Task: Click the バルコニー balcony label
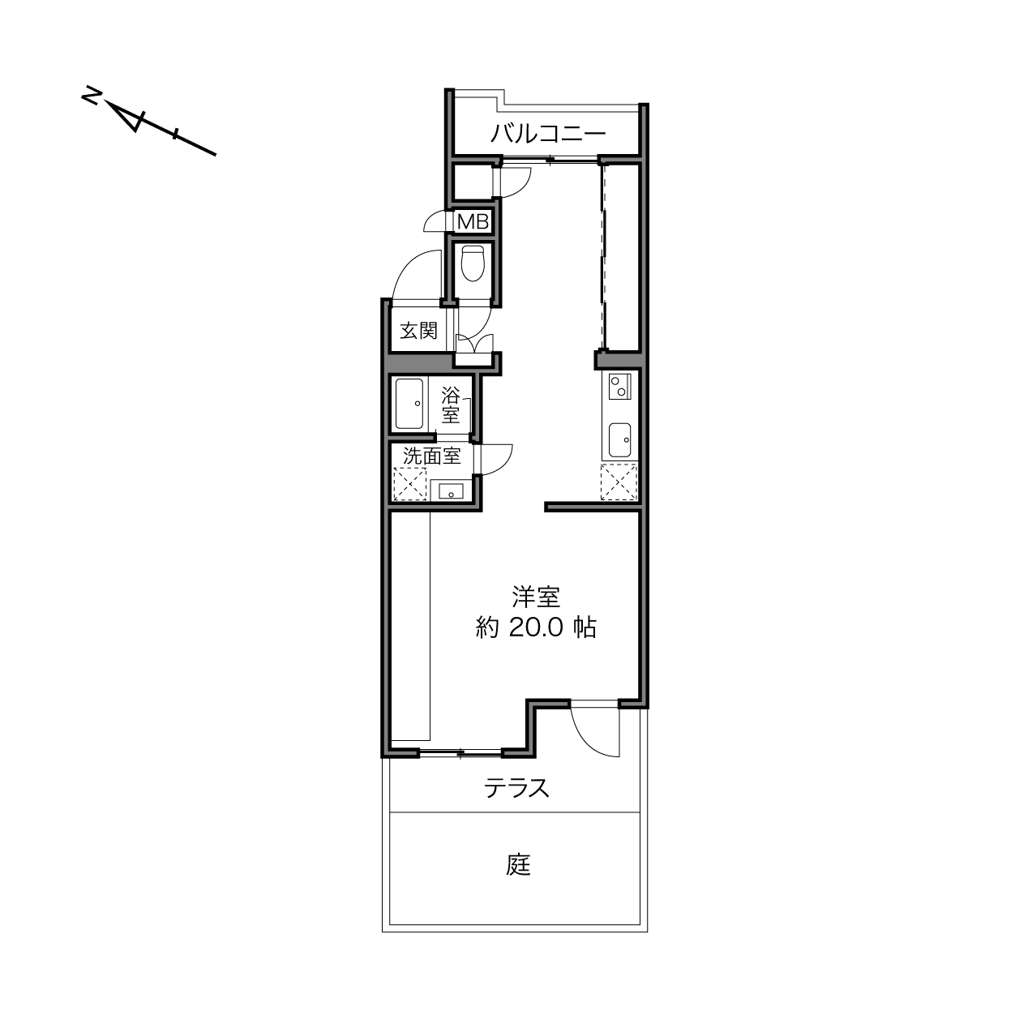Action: point(548,135)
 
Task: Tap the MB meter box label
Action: point(473,222)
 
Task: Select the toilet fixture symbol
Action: point(472,263)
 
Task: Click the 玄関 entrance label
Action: point(419,331)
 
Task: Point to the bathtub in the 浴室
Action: point(409,404)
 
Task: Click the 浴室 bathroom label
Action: point(451,405)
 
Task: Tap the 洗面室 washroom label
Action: point(432,456)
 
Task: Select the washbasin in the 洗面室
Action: point(448,491)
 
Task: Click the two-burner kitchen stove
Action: point(620,387)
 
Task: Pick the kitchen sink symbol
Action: point(620,440)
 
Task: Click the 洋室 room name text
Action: point(536,597)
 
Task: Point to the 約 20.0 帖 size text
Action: point(536,627)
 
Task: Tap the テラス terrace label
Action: point(516,789)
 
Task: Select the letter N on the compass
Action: point(91,95)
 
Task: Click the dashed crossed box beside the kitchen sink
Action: point(619,482)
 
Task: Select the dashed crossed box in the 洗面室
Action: point(409,484)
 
